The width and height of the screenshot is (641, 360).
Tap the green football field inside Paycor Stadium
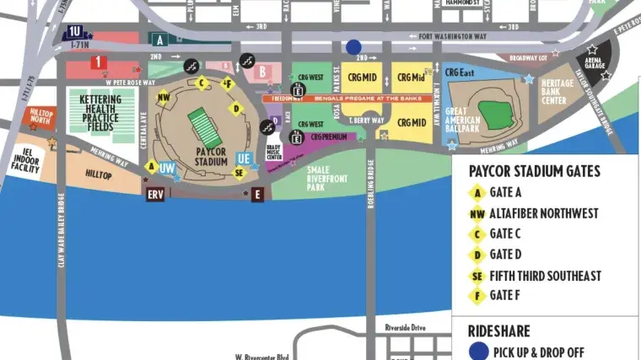pos(202,126)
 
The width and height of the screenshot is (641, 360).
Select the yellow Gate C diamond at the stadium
pos(202,83)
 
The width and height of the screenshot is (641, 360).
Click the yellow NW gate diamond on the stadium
pos(164,97)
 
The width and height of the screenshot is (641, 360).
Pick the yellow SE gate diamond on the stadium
pos(239,173)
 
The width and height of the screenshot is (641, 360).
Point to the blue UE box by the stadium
pos(244,158)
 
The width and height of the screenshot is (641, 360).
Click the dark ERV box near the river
pos(155,194)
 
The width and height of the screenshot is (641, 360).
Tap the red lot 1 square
pos(99,62)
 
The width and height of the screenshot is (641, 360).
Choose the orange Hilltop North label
pos(41,116)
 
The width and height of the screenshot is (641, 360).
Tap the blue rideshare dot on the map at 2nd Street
pos(353,47)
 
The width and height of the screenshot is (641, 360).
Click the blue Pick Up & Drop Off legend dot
pos(478,352)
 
